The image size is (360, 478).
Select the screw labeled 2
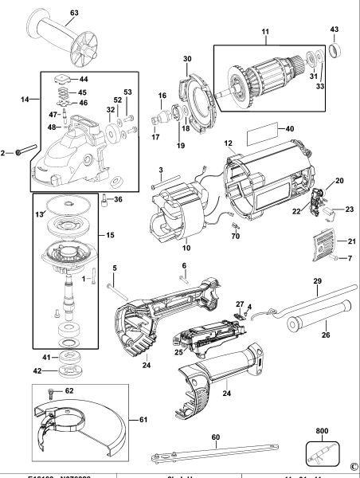pos(21,151)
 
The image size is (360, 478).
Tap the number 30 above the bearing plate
pos(188,60)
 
